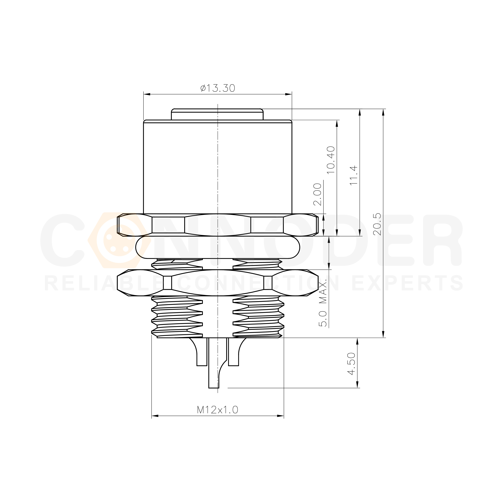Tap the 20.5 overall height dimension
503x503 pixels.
[377, 224]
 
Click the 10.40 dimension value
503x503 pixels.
[331, 160]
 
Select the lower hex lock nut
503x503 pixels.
[218, 283]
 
